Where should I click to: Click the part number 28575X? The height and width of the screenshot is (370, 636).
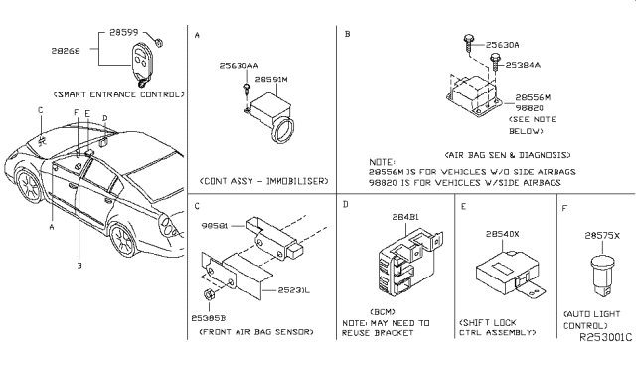(603, 235)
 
